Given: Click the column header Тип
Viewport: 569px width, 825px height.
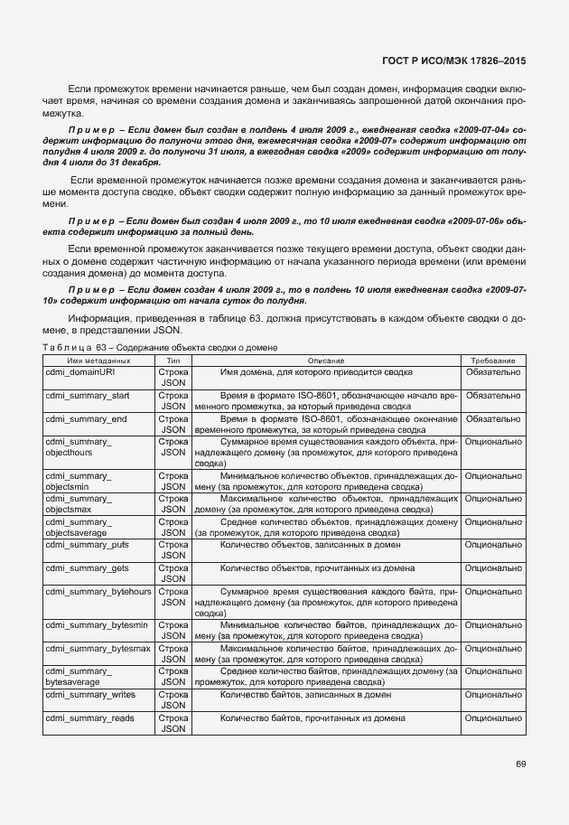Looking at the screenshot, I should (x=173, y=360).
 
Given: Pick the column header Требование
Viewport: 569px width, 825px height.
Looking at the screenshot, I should (x=493, y=360).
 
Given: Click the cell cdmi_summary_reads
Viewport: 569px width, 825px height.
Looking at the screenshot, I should (x=89, y=718).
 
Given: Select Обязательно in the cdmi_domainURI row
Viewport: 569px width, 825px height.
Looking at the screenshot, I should (x=493, y=371).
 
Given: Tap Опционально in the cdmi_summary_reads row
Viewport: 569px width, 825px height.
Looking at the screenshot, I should (x=493, y=718).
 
